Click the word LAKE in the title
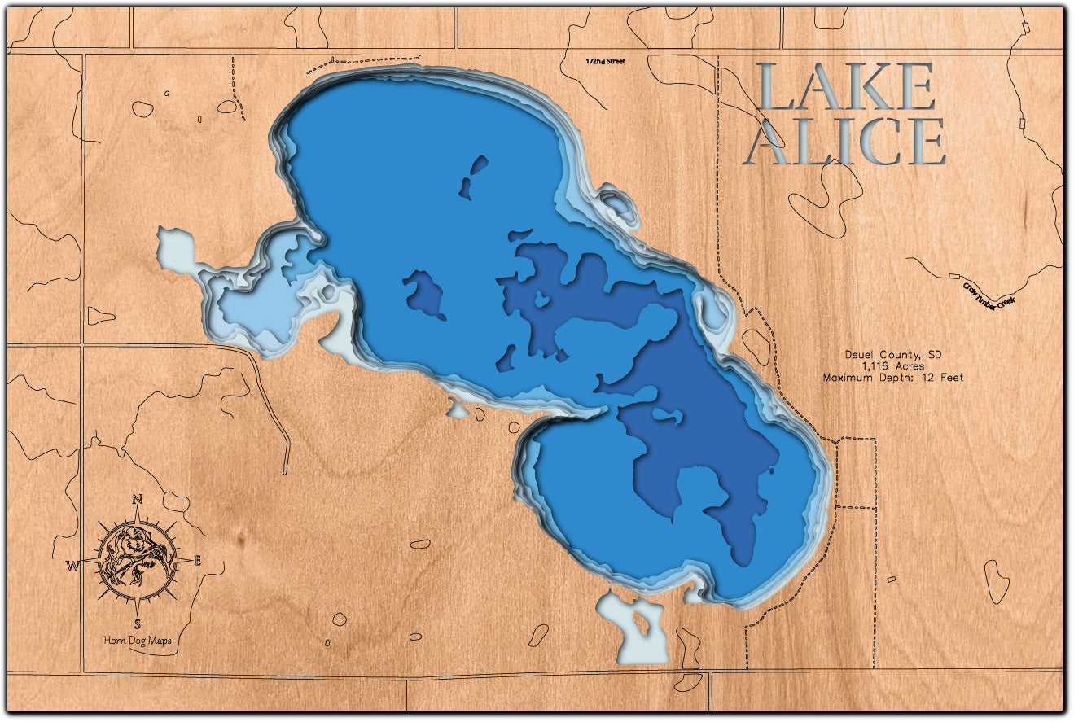pyautogui.click(x=846, y=87)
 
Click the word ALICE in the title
pyautogui.click(x=846, y=142)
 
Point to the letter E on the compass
pyautogui.click(x=199, y=560)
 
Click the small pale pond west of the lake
pyautogui.click(x=175, y=247)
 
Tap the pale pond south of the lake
pyautogui.click(x=638, y=628)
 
